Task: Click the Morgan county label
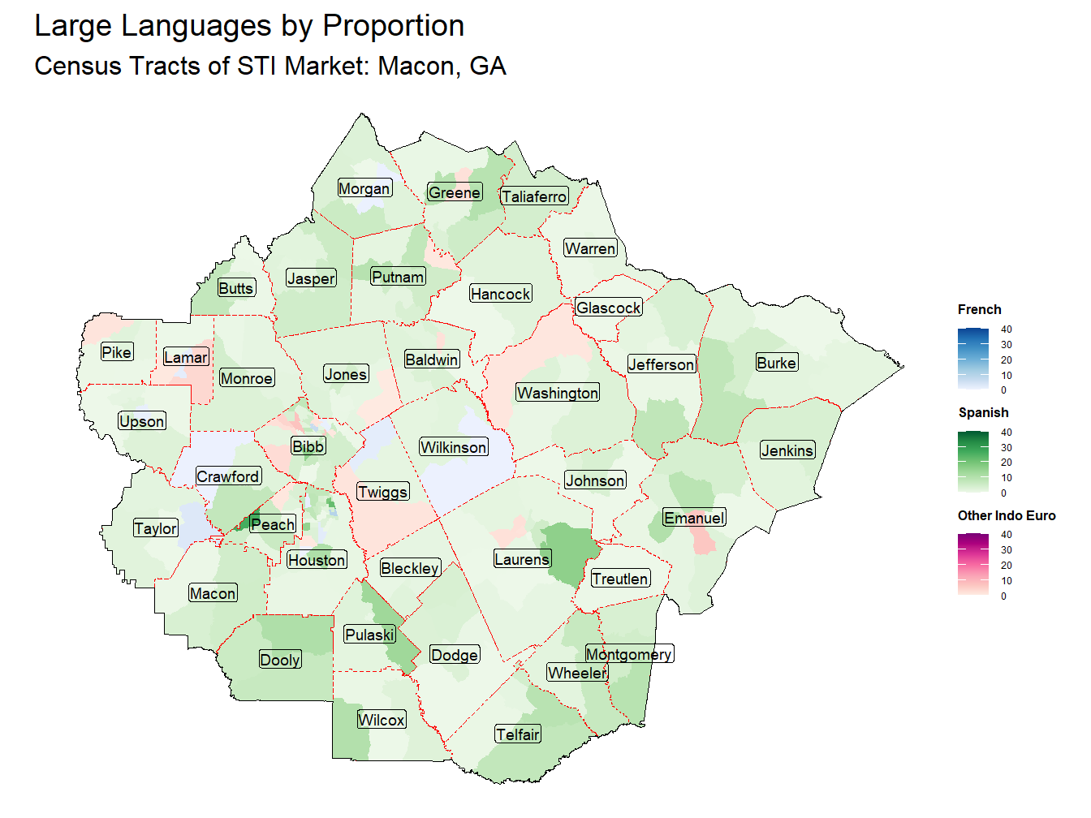364,188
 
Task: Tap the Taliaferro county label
534,196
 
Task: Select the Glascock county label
609,308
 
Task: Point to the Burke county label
776,363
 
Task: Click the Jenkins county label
787,450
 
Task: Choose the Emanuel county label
694,518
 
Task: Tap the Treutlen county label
620,579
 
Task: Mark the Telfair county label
518,734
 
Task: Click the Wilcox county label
382,720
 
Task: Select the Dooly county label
280,660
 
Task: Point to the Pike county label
117,352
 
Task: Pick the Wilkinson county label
454,447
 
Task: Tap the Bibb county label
308,446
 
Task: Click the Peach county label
273,524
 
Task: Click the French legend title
979,309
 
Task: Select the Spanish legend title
983,412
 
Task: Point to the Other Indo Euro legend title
1007,515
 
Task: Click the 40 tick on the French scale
1007,329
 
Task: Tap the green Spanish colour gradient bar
973,463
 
